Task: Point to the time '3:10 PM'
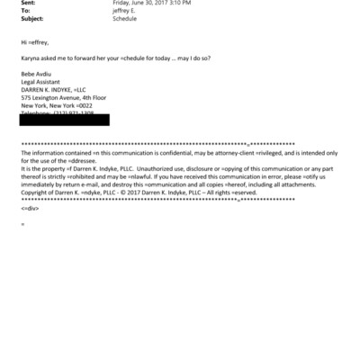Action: pos(182,4)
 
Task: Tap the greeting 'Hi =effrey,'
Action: pos(36,42)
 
